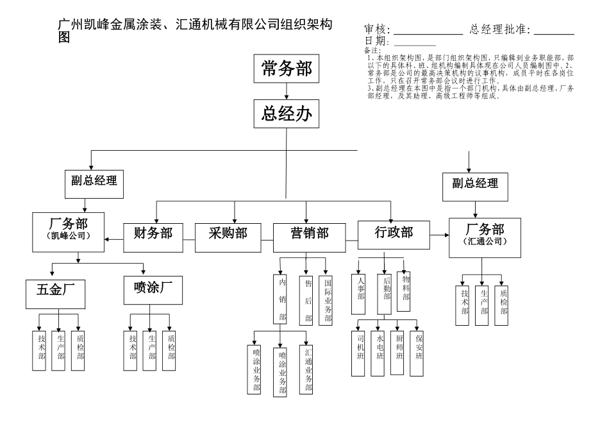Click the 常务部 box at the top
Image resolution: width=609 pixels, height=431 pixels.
[x=287, y=70]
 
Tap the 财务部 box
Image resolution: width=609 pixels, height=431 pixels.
[x=153, y=233]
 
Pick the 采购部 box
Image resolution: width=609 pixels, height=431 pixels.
[x=228, y=233]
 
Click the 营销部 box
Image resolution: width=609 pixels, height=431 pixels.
[x=306, y=233]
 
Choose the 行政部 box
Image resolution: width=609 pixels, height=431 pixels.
[x=393, y=232]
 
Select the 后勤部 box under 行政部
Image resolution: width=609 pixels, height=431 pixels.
[x=385, y=294]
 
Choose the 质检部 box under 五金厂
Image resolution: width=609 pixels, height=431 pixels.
[x=80, y=350]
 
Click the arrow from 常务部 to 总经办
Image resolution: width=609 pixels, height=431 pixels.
[x=287, y=91]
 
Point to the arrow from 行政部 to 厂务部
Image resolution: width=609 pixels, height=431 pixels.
[x=439, y=235]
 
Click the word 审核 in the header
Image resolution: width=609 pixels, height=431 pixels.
[x=376, y=30]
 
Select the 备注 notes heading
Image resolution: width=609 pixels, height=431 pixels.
[x=372, y=50]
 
